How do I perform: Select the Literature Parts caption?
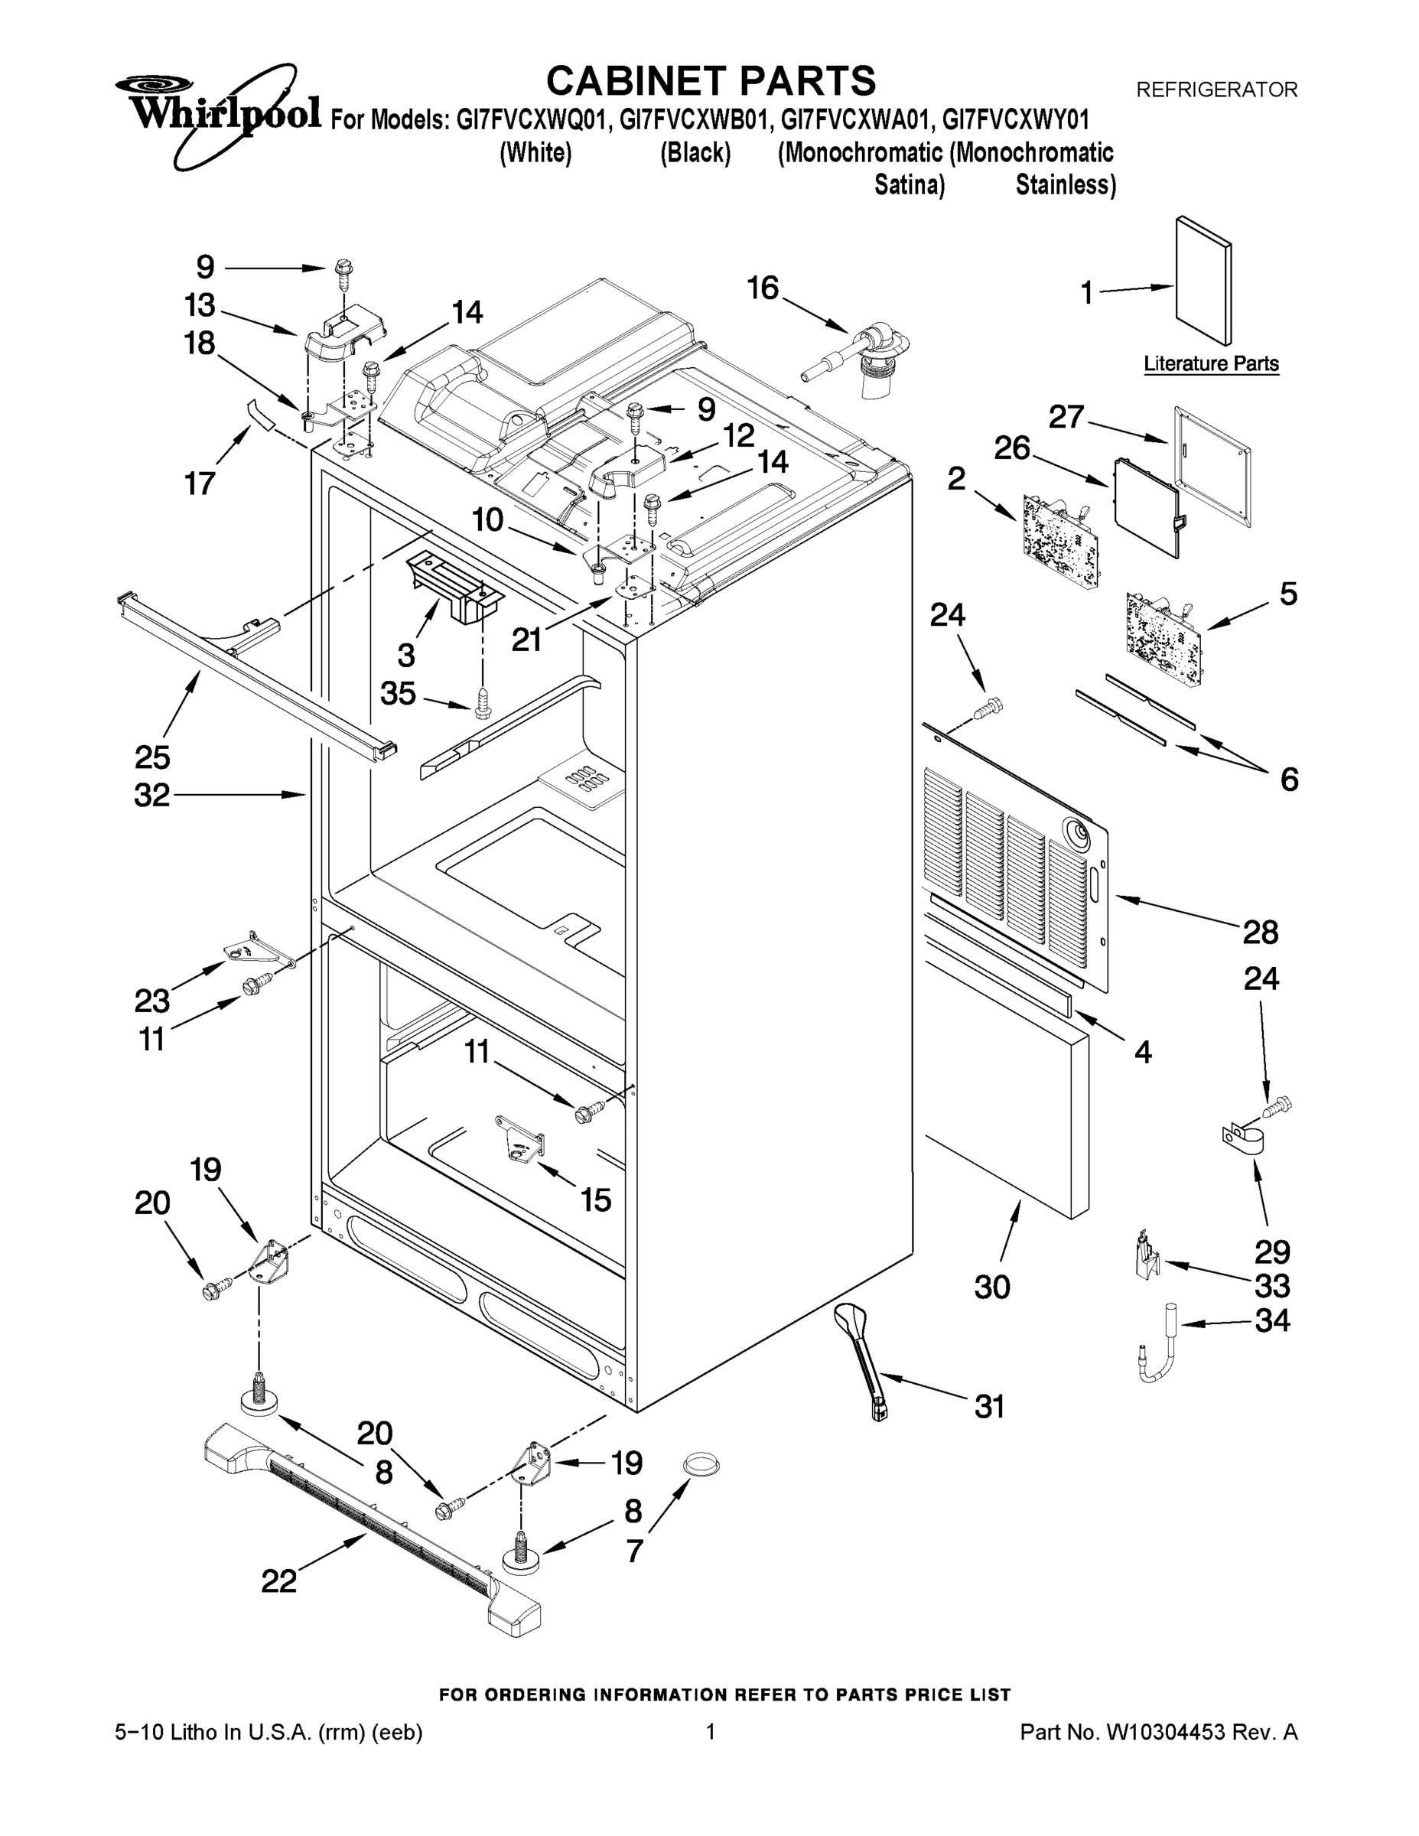pyautogui.click(x=1210, y=364)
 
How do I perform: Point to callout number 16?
pyautogui.click(x=763, y=288)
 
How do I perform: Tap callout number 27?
pyautogui.click(x=1066, y=416)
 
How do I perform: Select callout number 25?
pyautogui.click(x=152, y=757)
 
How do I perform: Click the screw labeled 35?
pyautogui.click(x=483, y=704)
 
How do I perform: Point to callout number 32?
pyautogui.click(x=151, y=796)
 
